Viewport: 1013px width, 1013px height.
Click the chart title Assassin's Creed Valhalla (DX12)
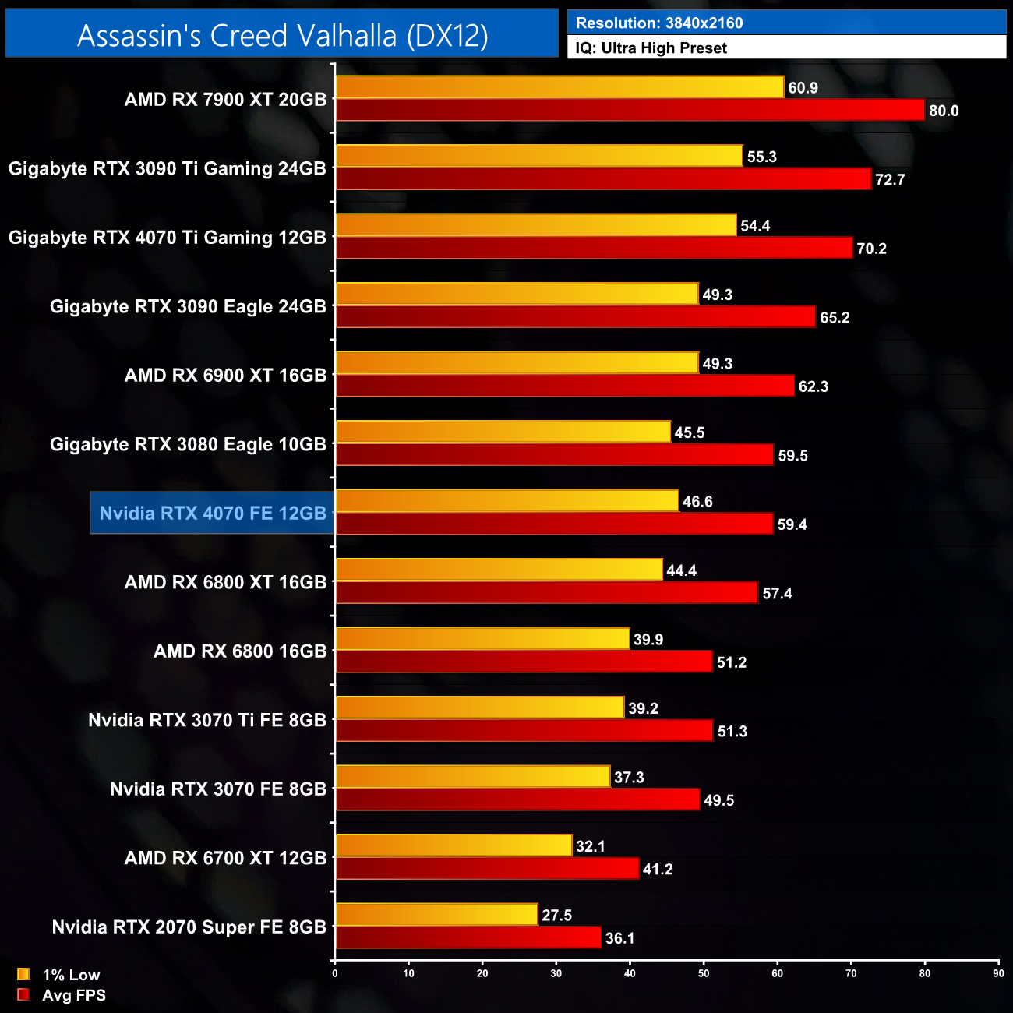(282, 35)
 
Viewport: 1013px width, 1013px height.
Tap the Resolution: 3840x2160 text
(659, 23)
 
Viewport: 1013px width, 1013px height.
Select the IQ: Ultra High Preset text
(651, 48)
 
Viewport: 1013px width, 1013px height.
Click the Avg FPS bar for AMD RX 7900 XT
(630, 110)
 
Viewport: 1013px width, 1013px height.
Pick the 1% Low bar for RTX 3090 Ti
(539, 156)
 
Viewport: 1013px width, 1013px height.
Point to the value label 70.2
(871, 249)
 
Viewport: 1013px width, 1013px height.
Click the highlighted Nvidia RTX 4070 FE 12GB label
(213, 513)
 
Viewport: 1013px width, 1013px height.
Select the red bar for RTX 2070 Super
(468, 937)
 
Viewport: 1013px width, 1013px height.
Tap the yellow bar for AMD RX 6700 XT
(454, 845)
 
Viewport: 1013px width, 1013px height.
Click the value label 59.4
(792, 524)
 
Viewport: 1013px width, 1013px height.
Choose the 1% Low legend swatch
(23, 974)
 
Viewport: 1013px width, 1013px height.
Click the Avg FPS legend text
(74, 995)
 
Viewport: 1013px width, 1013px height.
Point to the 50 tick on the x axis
(704, 972)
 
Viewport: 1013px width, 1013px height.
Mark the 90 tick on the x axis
(998, 972)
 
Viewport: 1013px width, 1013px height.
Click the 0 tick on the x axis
(335, 972)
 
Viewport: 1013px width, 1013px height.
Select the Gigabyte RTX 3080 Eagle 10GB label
(188, 444)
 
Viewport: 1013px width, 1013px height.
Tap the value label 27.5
(556, 915)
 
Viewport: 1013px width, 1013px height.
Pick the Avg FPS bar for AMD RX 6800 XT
(546, 593)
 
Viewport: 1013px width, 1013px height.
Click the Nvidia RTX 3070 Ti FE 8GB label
(207, 720)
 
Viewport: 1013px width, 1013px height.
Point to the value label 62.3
(813, 386)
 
